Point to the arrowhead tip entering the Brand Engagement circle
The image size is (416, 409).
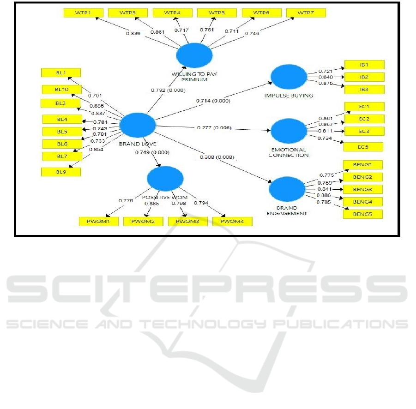(x=271, y=183)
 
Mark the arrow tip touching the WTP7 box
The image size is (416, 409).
(x=294, y=18)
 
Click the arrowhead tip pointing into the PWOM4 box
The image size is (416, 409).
(x=225, y=217)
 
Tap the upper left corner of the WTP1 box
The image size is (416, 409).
(x=64, y=8)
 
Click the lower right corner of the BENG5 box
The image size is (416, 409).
(x=383, y=218)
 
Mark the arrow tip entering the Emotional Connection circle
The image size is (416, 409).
(x=271, y=131)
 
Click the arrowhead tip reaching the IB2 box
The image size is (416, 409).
(x=344, y=77)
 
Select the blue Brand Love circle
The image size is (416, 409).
(x=138, y=125)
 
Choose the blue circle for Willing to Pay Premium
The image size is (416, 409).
(x=194, y=55)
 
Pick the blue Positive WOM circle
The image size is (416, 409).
(x=165, y=179)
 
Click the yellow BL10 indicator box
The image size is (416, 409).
(x=62, y=90)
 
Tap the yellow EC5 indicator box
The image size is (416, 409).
(x=363, y=147)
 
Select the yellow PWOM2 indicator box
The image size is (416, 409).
(x=143, y=222)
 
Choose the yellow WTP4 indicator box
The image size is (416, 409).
(x=173, y=13)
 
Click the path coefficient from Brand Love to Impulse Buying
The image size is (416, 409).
(x=213, y=101)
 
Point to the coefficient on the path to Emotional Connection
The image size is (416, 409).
(x=214, y=128)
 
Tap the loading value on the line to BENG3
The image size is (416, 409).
(x=325, y=189)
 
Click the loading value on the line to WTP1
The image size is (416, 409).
(x=133, y=33)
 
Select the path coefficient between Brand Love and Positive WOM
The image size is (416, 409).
(x=152, y=152)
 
